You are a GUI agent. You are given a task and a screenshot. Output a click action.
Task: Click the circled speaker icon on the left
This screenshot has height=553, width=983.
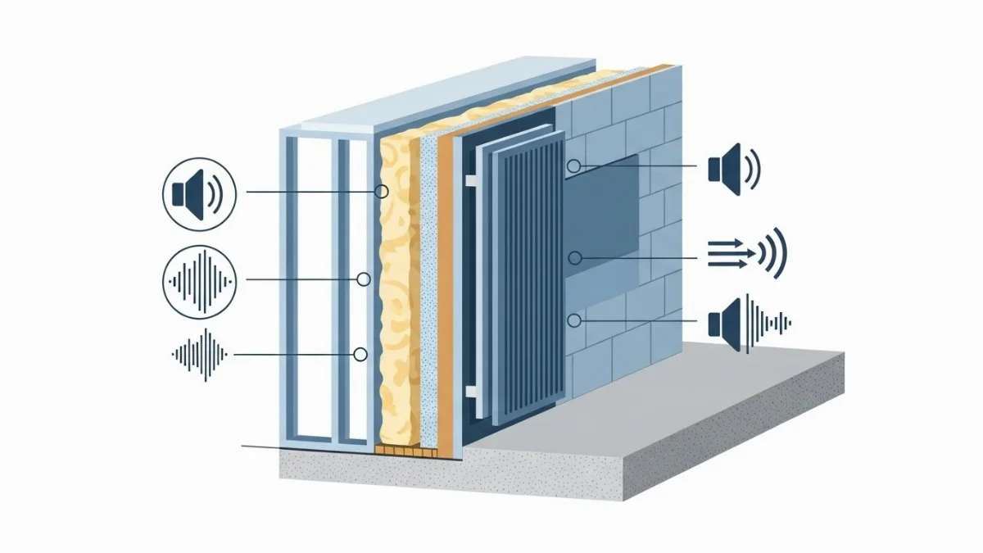(x=199, y=194)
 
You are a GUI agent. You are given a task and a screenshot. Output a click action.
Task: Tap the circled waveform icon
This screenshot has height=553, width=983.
(x=199, y=282)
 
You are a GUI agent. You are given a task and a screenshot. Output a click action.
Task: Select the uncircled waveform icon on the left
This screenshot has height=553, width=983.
(x=199, y=354)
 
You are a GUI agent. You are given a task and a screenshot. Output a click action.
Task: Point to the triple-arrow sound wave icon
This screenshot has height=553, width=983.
(x=745, y=254)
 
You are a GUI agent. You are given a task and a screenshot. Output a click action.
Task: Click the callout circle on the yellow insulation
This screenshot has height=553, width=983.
(x=381, y=192)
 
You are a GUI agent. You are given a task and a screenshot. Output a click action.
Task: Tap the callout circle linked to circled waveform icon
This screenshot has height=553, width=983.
(x=363, y=279)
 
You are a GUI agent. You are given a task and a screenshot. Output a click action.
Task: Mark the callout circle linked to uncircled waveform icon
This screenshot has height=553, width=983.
(x=360, y=354)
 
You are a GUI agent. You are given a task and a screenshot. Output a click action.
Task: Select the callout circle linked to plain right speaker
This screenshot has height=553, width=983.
(x=574, y=167)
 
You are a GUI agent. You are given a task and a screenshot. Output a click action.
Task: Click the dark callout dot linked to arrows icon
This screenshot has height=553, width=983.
(x=575, y=258)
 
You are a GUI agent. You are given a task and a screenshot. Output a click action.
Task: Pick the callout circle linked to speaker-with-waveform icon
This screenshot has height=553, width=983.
(x=574, y=320)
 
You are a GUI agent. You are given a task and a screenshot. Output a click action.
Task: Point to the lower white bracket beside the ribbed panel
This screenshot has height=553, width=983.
(x=473, y=396)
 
